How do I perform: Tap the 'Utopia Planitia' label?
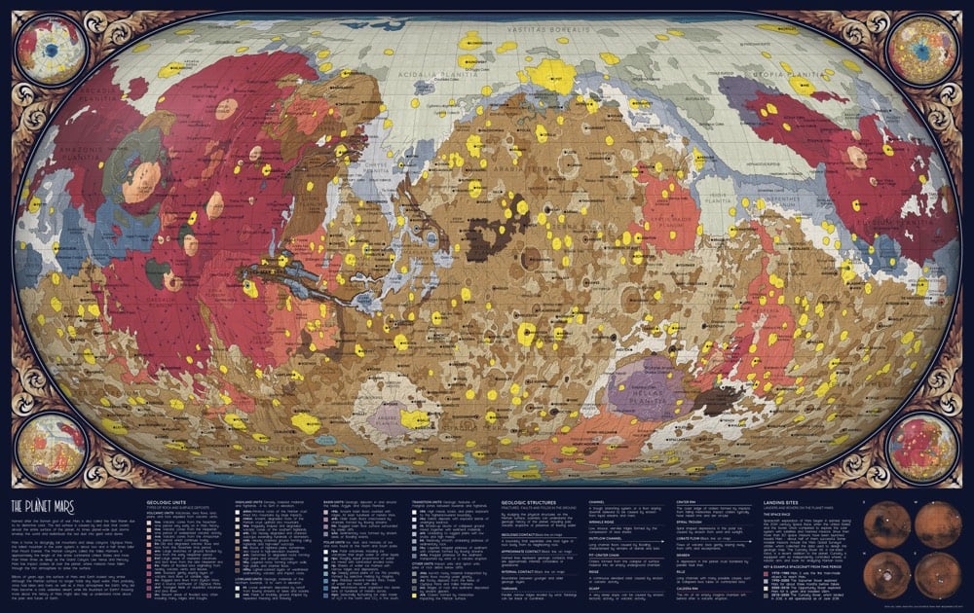tap(805, 73)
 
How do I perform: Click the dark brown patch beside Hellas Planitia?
tap(720, 399)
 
